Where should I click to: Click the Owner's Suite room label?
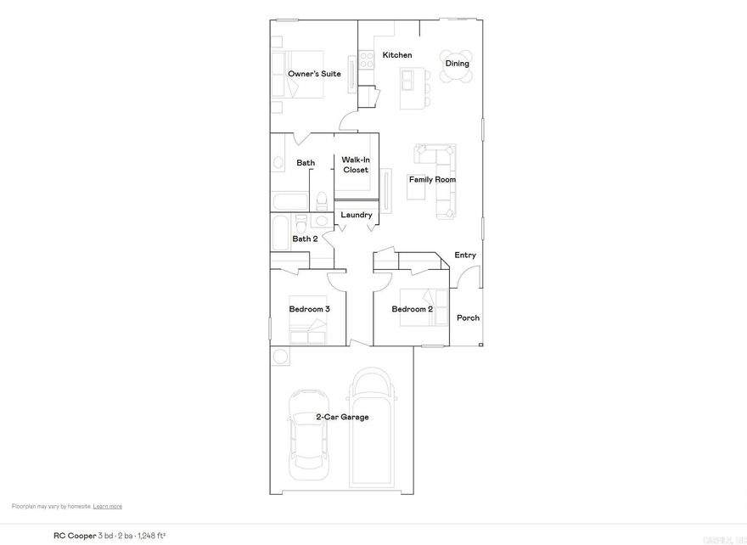[314, 74]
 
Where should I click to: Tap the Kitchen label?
[397, 55]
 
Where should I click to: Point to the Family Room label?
[433, 179]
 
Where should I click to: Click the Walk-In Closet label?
[355, 165]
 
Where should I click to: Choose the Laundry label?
[357, 215]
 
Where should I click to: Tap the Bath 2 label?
[305, 239]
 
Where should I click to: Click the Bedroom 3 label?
[309, 309]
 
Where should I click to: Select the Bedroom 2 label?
[412, 309]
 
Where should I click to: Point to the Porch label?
[468, 317]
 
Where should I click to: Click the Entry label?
[465, 255]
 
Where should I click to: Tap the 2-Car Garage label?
[342, 417]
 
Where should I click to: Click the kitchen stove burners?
[367, 59]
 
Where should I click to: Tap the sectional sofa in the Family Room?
[444, 178]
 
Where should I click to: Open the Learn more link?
[108, 506]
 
